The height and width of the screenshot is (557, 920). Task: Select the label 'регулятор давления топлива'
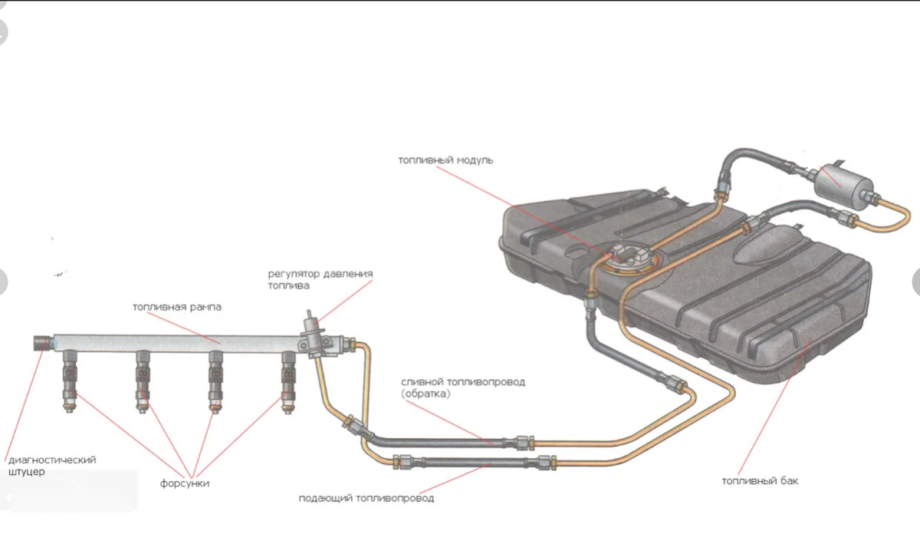320,279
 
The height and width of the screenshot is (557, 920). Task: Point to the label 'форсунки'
185,483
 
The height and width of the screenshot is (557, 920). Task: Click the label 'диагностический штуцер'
52,466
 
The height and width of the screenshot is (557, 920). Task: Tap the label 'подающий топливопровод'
366,498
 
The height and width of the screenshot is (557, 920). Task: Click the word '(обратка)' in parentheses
426,394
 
